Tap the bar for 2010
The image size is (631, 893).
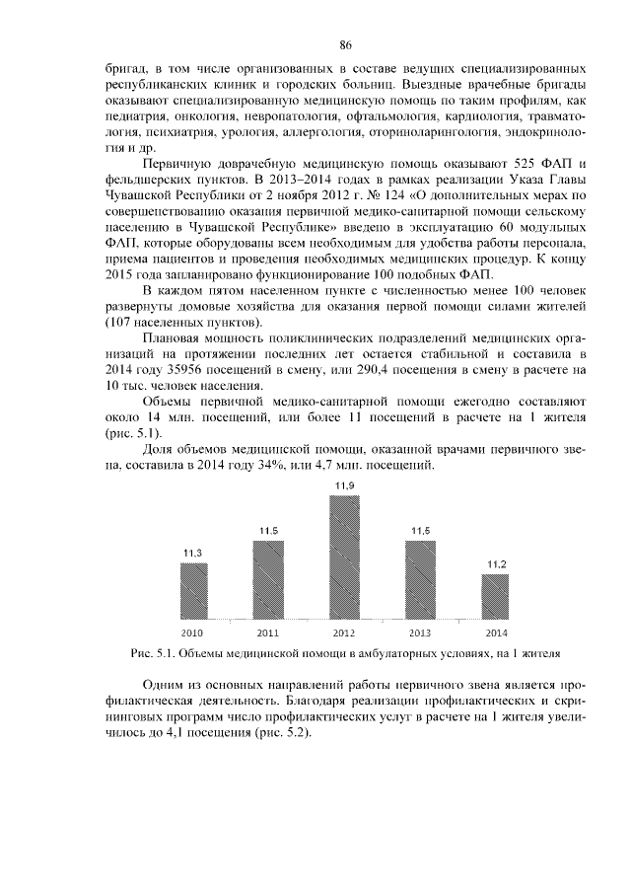click(193, 590)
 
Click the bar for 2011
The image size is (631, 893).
click(268, 579)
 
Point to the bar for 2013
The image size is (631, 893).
click(420, 579)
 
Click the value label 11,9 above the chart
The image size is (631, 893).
click(344, 486)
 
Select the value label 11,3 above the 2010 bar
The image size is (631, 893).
click(193, 555)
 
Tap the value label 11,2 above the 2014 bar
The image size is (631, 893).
click(496, 564)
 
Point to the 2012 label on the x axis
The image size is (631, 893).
click(344, 632)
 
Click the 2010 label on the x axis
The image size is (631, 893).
click(193, 632)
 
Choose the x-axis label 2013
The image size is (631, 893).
click(420, 632)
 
